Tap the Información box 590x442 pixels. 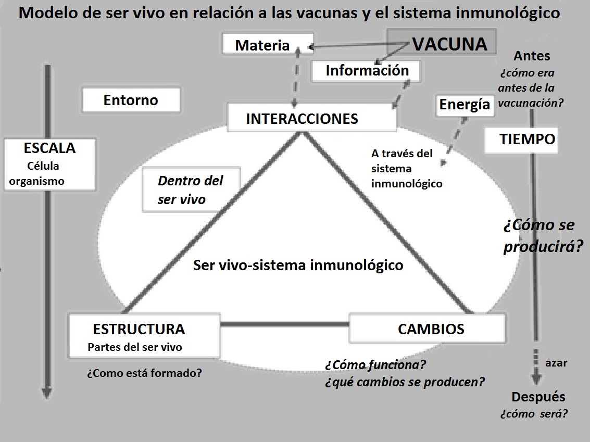367,70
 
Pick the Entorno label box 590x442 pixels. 131,99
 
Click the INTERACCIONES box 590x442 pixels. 311,118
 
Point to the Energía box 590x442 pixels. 465,105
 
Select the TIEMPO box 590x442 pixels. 521,140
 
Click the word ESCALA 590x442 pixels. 49,148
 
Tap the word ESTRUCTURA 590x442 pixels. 139,329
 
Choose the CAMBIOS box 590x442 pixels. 430,329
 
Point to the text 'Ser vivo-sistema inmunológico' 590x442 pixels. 298,265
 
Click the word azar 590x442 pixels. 556,363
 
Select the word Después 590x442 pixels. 538,397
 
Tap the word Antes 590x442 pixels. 532,56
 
